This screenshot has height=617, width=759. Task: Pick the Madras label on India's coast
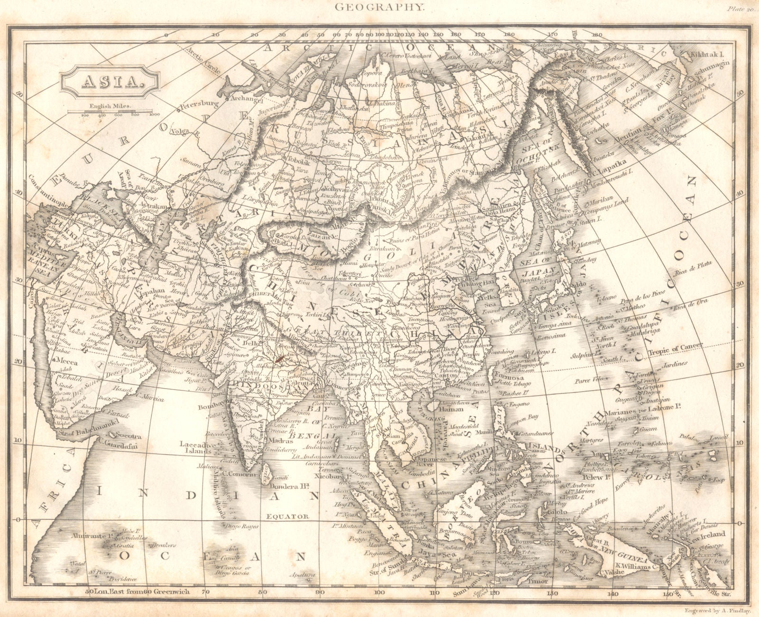267,440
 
